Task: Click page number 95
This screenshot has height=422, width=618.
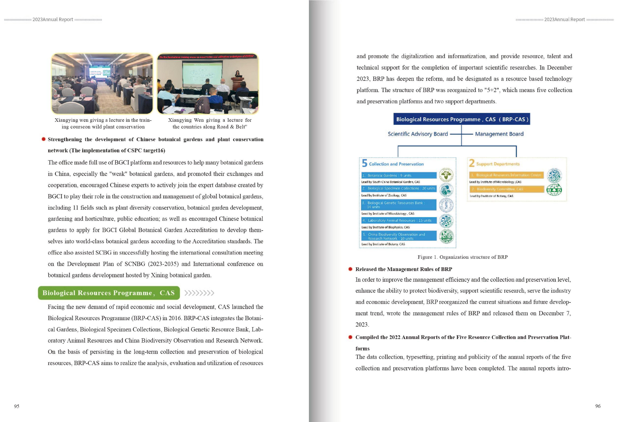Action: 17,406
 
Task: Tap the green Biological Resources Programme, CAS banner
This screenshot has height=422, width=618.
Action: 109,293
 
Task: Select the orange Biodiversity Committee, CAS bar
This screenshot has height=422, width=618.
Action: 507,189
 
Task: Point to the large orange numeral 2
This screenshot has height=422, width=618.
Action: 471,163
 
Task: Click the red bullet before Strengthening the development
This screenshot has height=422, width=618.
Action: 44,139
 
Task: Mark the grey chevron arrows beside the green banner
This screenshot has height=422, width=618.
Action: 199,293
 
